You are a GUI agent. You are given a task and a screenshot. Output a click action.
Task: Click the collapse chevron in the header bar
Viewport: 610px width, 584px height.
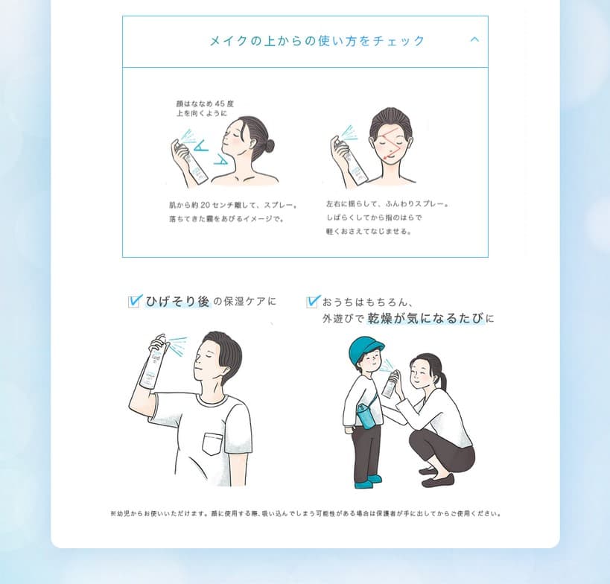tap(474, 40)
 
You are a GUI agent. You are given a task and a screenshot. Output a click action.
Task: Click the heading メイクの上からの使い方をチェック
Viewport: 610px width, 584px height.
tap(317, 41)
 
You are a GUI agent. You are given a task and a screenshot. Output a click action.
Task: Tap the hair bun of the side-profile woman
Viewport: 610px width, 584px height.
tap(268, 145)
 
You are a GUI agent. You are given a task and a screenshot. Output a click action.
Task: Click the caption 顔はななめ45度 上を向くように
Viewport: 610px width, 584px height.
tap(200, 108)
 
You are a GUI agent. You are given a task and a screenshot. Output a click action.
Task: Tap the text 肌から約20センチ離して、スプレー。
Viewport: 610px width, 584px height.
tap(233, 205)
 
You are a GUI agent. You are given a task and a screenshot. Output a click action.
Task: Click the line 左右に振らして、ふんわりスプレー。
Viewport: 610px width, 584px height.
tap(387, 204)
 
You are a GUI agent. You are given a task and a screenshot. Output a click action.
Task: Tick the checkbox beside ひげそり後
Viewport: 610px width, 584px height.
tap(135, 301)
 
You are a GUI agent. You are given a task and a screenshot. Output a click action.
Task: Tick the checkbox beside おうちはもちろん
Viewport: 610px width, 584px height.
tap(313, 301)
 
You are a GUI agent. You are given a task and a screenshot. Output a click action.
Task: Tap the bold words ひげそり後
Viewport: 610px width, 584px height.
tap(178, 302)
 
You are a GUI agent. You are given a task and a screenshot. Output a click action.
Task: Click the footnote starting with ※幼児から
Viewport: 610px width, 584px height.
tap(305, 513)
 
